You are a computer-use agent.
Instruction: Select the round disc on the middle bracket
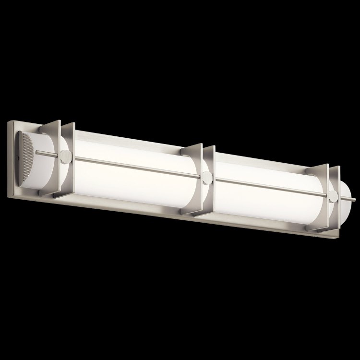coord(206,177)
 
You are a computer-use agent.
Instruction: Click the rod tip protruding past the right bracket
coord(353,198)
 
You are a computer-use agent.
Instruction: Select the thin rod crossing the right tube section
coord(269,187)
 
